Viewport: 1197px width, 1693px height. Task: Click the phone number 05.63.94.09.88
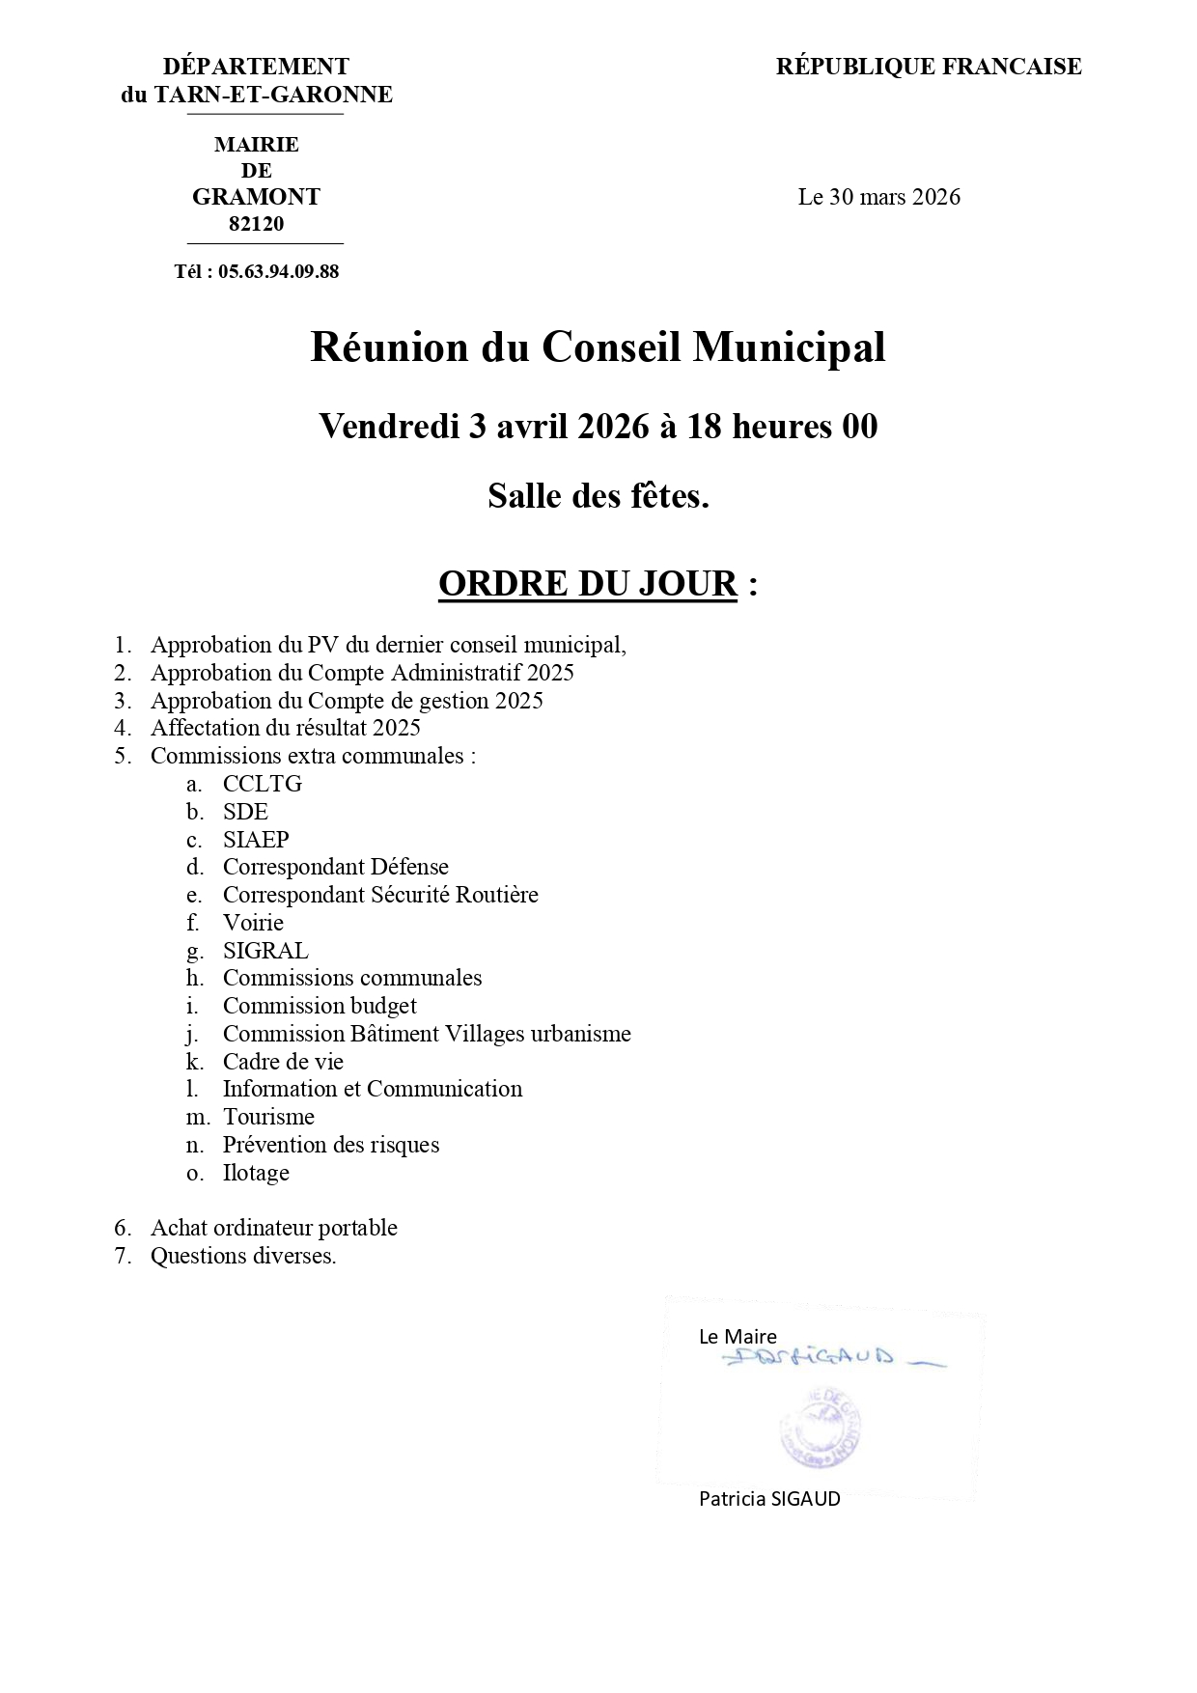278,271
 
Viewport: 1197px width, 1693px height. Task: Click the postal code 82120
256,224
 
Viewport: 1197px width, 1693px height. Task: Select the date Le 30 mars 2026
878,197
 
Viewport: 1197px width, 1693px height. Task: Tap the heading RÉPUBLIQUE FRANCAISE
928,67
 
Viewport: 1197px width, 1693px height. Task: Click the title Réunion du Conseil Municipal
598,347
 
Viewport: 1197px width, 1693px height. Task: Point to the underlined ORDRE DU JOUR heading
587,584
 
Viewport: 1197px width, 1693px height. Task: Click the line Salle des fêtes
598,496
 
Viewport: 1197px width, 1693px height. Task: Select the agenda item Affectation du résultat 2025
285,728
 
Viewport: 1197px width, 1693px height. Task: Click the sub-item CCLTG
263,784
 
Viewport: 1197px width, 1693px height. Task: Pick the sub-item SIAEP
256,840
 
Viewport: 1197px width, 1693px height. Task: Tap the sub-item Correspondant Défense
335,867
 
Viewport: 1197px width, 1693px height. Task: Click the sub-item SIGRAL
265,951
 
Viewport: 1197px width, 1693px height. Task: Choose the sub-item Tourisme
268,1117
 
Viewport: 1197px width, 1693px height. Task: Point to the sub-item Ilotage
256,1173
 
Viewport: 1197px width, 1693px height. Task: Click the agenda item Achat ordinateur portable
273,1228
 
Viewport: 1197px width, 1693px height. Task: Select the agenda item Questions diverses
243,1256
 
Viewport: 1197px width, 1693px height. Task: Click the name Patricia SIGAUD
769,1499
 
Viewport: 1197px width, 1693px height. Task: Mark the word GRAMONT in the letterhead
256,197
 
